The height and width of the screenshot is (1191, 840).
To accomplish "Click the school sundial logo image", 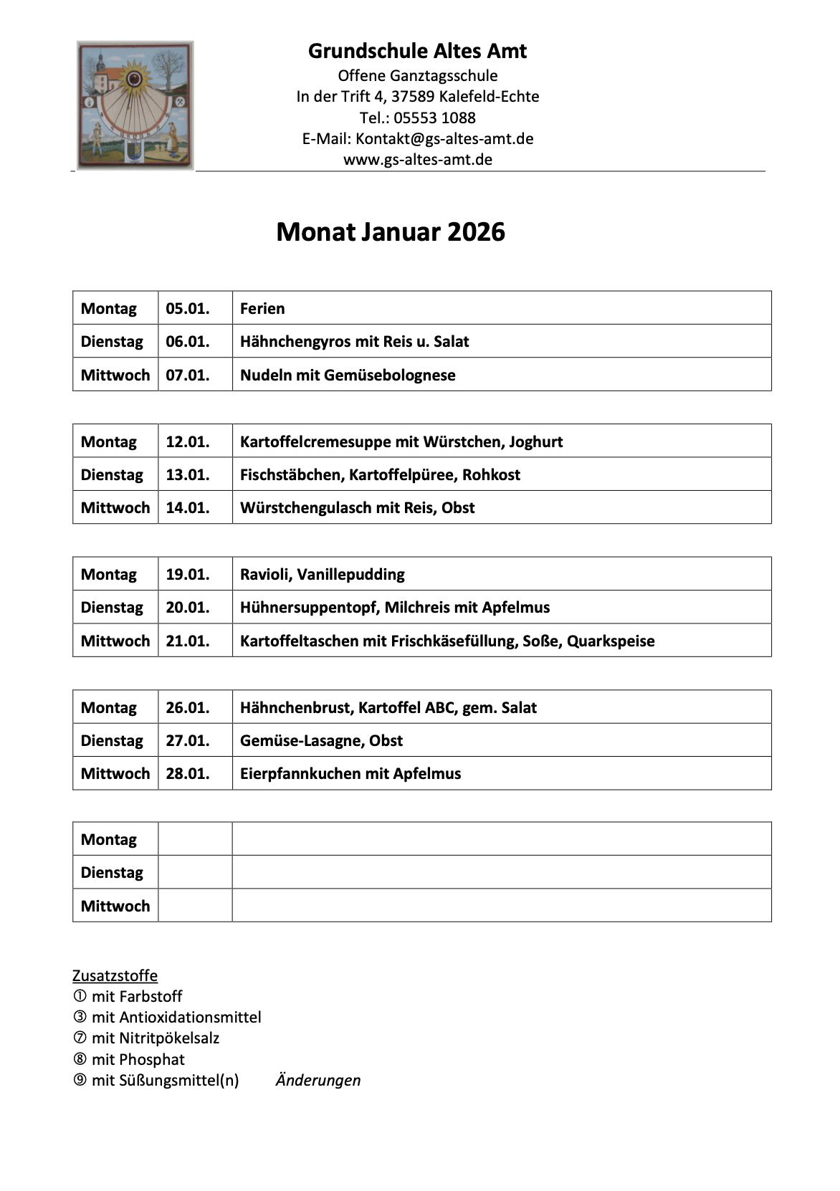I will tap(135, 105).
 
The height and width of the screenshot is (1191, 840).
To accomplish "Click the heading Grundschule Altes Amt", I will tap(417, 51).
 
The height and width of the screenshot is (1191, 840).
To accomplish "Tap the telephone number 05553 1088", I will tap(434, 118).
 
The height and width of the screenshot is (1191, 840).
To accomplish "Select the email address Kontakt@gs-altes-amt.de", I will tap(444, 138).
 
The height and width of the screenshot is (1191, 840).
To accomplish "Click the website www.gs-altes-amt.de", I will tap(417, 159).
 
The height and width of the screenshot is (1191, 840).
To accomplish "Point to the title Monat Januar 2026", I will tap(391, 231).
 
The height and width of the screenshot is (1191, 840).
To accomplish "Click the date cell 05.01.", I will tap(188, 308).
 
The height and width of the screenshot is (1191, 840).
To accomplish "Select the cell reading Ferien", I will tap(262, 308).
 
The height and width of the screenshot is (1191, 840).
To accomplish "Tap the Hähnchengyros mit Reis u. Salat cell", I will tap(354, 341).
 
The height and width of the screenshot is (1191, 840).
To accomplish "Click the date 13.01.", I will tap(188, 474).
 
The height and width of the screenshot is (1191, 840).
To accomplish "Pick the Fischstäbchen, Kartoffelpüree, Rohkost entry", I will tap(380, 474).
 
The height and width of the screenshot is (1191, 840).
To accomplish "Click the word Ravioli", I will tap(265, 574).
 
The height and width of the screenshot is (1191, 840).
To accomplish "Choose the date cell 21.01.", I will tap(188, 641).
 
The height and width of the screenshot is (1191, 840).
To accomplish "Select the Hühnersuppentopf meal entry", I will tap(395, 607).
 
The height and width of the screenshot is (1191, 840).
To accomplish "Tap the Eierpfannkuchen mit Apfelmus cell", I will tap(350, 773).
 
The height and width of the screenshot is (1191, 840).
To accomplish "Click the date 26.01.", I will tap(188, 707).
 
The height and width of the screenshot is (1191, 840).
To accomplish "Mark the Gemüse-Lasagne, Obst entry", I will tap(321, 740).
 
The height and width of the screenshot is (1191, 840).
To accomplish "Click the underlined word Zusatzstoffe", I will tap(115, 975).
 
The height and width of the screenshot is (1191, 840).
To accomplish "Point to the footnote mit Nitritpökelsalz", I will tap(155, 1038).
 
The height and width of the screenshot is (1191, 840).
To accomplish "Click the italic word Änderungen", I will tap(318, 1080).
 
